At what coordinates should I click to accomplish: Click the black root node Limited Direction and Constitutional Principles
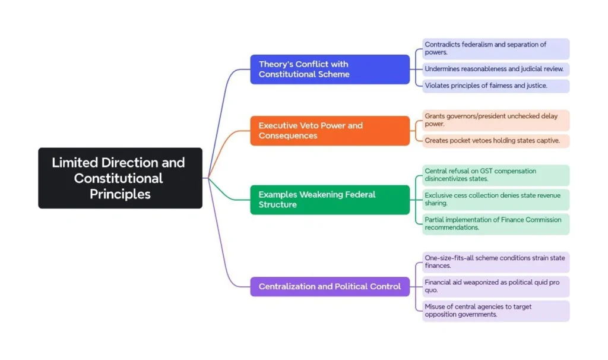(x=120, y=178)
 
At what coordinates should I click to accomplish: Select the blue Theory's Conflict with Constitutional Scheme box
(x=330, y=70)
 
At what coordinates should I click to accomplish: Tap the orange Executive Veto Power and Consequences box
(x=330, y=131)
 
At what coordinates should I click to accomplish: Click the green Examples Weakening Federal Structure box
(x=330, y=200)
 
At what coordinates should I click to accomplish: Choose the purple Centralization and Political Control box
(x=330, y=286)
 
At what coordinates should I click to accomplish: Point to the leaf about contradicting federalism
(x=495, y=49)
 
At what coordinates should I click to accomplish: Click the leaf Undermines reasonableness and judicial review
(x=495, y=69)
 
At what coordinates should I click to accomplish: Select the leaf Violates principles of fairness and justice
(x=495, y=86)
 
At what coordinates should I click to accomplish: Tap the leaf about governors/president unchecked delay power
(x=495, y=120)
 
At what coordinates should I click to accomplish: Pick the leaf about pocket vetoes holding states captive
(x=495, y=141)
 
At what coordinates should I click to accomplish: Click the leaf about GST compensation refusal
(x=495, y=175)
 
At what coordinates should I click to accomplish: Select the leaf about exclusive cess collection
(x=495, y=199)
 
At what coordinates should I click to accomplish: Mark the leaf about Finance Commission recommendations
(x=495, y=224)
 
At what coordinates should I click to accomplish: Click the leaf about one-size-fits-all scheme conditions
(x=495, y=262)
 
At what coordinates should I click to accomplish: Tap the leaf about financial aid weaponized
(x=495, y=286)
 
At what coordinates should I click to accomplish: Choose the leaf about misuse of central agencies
(x=495, y=311)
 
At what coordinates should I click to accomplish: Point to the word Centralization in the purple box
(x=287, y=286)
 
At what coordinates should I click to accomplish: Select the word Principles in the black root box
(x=120, y=194)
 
